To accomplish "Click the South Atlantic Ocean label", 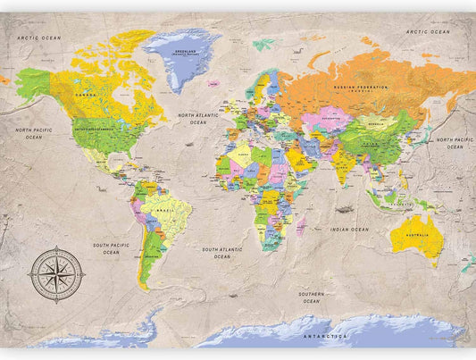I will point(221,253).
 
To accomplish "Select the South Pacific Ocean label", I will point(111,247).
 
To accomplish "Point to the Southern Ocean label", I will point(312,297).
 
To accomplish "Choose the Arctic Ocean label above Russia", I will point(428,31).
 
